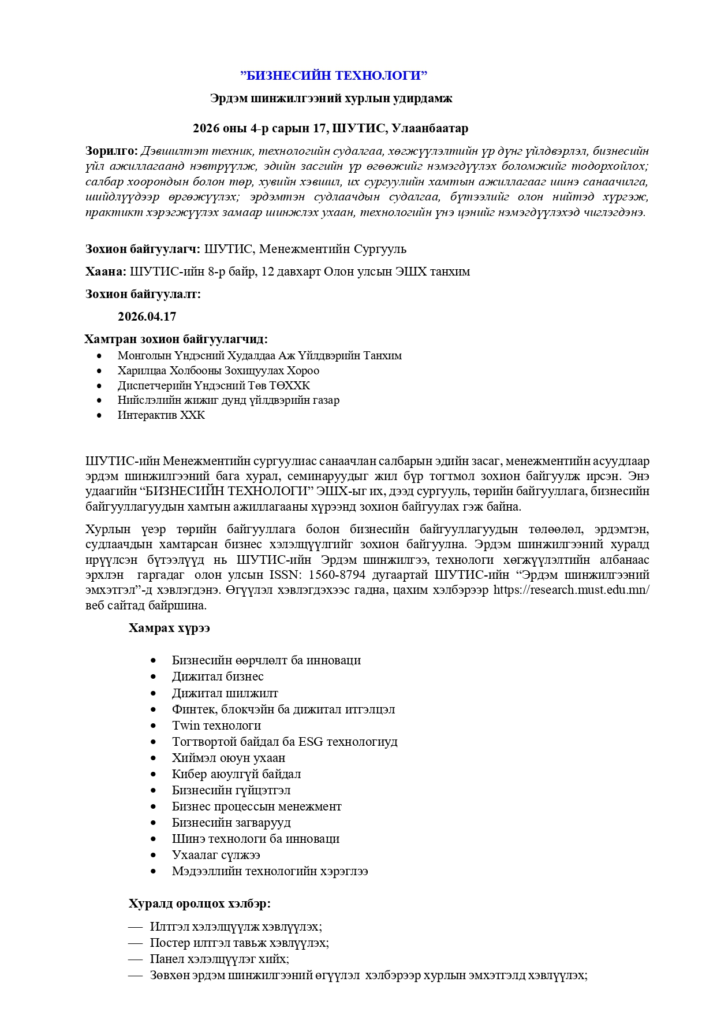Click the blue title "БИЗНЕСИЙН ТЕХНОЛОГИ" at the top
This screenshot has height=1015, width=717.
point(334,76)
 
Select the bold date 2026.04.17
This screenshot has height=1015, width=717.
point(147,317)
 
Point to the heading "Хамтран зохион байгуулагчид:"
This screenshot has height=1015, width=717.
point(176,339)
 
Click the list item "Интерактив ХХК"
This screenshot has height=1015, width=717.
point(161,415)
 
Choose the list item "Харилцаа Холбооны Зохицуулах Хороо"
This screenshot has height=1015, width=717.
point(218,371)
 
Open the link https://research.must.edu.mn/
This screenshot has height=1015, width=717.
point(572,590)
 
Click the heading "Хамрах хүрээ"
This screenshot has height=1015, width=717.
point(169,628)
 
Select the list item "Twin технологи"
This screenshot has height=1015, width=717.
point(216,726)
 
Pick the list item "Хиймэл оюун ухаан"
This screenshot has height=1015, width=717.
point(229,758)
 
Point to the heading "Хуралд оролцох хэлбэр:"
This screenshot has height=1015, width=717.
point(200,904)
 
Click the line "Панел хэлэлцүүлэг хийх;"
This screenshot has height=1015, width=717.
point(219,959)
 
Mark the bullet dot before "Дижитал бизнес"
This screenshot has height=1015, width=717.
point(153,677)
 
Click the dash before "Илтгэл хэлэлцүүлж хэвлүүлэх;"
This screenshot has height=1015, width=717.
point(135,927)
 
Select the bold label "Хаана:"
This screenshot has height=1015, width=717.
point(106,272)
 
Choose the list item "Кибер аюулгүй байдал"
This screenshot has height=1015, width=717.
point(236,774)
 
